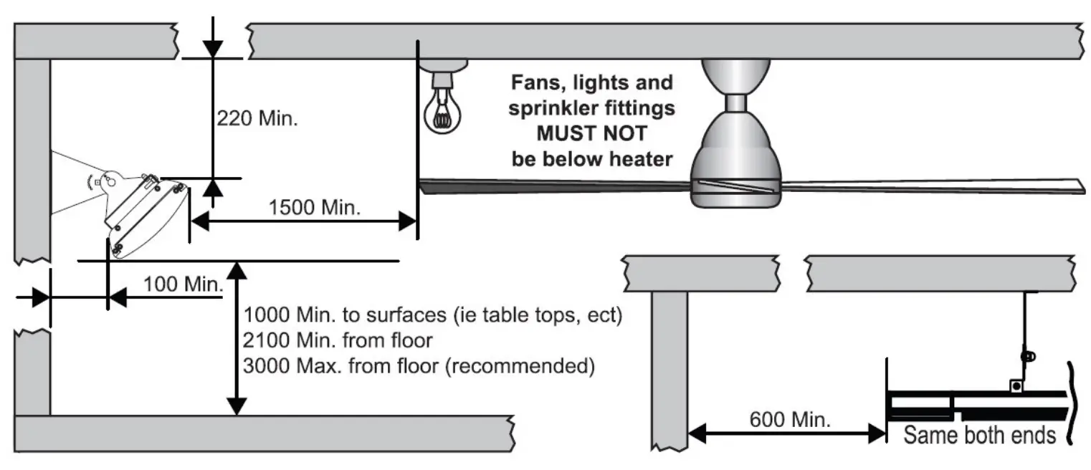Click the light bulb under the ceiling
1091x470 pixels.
442,107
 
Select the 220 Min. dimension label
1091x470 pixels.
257,117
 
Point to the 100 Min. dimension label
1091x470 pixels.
184,284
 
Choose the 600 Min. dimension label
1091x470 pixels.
791,419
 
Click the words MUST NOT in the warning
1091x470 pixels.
591,134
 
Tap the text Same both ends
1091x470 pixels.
979,435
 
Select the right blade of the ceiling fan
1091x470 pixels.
932,186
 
